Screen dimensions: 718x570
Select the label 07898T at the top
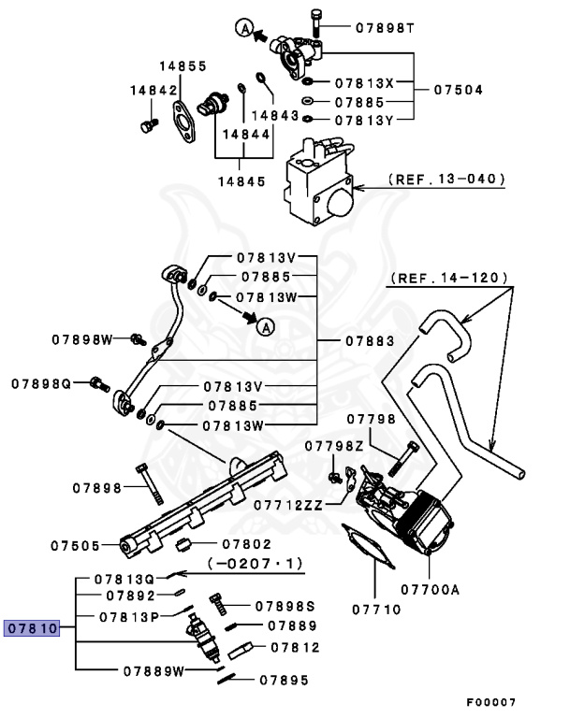(384, 27)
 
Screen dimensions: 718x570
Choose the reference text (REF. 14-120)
(449, 278)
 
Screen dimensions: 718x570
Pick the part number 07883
(368, 340)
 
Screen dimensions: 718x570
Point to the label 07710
(376, 610)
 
